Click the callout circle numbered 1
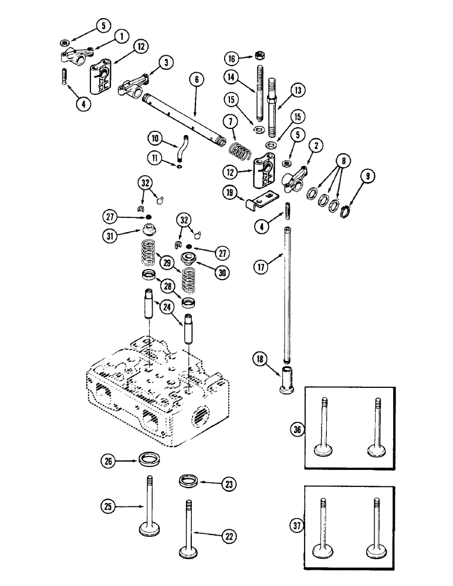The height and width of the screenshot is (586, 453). [x=122, y=37]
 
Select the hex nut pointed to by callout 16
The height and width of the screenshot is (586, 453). [x=259, y=56]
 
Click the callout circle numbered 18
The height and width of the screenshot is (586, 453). [x=260, y=358]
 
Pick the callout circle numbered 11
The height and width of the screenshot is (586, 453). [x=155, y=158]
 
